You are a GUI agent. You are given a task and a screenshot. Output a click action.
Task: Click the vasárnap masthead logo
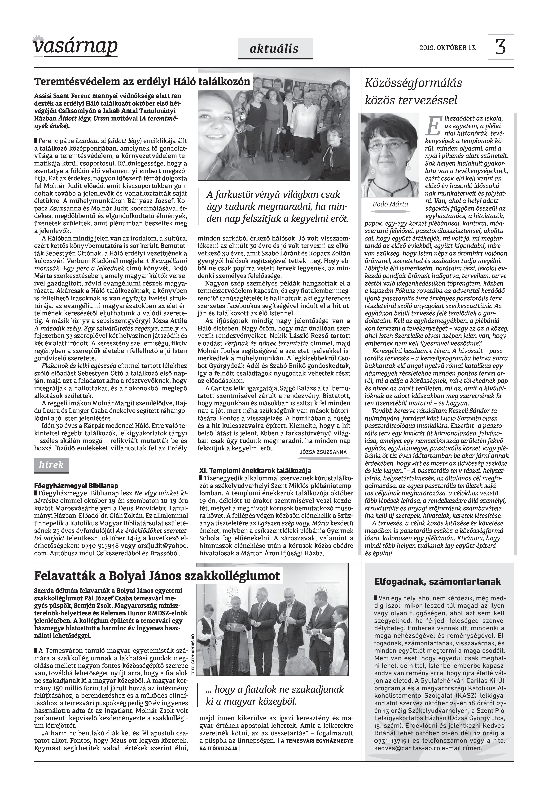75,46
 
